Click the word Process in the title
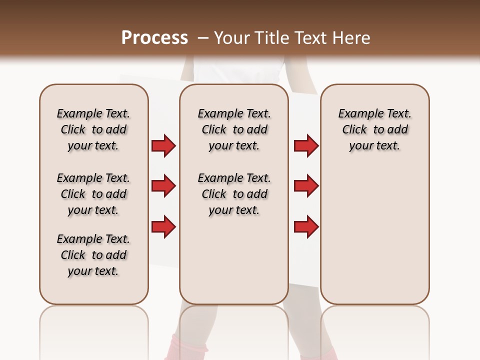click(154, 38)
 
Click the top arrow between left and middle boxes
click(163, 145)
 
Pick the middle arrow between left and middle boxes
click(163, 186)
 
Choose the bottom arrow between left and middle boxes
click(163, 226)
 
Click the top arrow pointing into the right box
click(306, 145)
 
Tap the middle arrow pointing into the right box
click(306, 186)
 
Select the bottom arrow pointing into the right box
click(306, 226)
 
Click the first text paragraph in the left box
click(93, 129)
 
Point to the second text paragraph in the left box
click(93, 194)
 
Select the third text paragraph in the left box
click(93, 255)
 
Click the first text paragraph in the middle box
click(234, 129)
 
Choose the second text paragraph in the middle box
click(234, 194)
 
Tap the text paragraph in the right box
click(375, 129)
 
